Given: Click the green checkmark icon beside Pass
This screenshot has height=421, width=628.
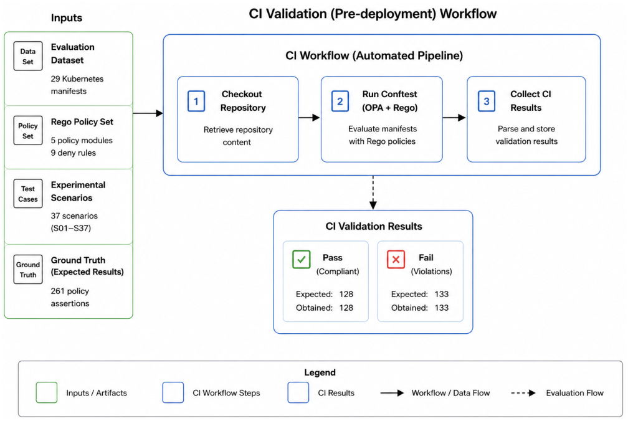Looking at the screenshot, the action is (x=301, y=259).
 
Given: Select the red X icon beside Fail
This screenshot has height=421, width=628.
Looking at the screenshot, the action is (x=396, y=259).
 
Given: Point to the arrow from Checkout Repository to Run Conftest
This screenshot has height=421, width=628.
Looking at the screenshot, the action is (x=309, y=118).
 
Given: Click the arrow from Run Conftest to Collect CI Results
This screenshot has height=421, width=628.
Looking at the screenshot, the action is (x=454, y=118).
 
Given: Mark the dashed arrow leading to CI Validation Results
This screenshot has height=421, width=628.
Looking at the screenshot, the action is (x=373, y=192).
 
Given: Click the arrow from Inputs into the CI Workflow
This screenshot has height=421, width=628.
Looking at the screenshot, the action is (x=148, y=113).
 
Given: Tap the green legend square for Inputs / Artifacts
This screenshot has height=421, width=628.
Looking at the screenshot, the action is (x=47, y=392).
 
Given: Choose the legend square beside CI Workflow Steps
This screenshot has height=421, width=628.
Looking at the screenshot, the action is (x=173, y=392).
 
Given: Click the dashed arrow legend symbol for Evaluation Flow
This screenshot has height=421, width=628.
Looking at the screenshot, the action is (x=523, y=393).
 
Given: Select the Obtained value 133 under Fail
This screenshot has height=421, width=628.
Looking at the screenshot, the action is (x=442, y=308).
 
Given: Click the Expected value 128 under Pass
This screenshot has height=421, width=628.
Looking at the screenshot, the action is (x=346, y=294).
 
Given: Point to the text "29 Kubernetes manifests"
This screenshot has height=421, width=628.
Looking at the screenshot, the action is (x=77, y=85).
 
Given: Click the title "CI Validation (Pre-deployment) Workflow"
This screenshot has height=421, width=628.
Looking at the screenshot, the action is (x=373, y=14).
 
